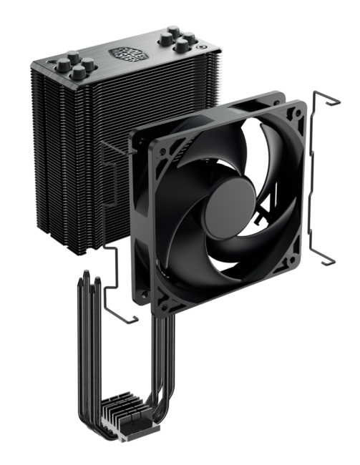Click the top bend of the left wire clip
pos(107,147)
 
